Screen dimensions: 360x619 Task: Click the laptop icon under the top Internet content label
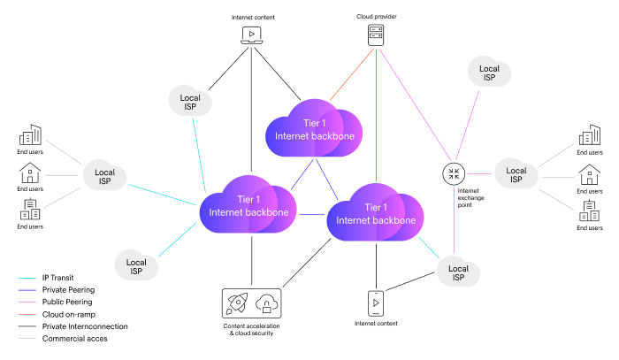[x=252, y=35]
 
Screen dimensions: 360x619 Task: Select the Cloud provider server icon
[x=377, y=35]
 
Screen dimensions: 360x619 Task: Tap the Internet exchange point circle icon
[x=454, y=172]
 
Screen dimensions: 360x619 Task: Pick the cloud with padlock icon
[x=265, y=305]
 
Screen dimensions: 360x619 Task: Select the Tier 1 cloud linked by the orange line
[x=313, y=129]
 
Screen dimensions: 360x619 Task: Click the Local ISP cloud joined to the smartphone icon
[x=457, y=272]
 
